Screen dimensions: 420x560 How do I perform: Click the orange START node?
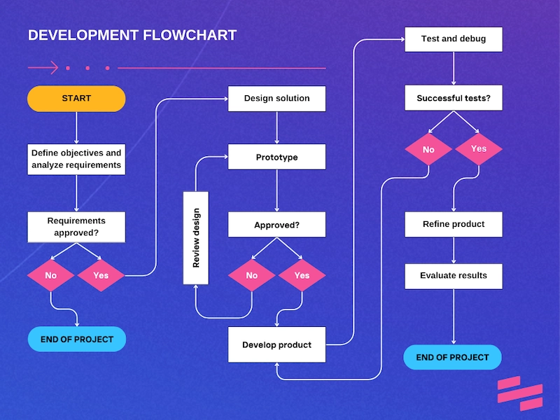point(76,99)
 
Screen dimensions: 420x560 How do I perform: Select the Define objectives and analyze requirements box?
point(76,160)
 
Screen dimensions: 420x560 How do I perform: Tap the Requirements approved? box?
point(76,227)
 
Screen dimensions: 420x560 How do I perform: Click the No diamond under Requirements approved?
point(51,275)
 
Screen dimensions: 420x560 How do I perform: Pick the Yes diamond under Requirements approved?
point(101,275)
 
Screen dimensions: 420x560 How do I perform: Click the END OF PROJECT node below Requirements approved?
point(77,339)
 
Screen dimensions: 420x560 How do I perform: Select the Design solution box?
point(276,99)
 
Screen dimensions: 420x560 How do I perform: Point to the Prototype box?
point(276,157)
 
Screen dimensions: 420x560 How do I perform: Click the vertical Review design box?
point(196,238)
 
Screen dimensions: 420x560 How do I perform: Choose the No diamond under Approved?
point(252,275)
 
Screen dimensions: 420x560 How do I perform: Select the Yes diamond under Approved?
point(302,275)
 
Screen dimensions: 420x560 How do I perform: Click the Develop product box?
point(276,344)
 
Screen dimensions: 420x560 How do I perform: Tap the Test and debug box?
point(454,38)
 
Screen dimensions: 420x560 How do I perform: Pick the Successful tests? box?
point(454,98)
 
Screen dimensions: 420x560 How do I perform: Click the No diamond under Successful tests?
point(428,149)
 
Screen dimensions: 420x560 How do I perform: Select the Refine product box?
point(454,224)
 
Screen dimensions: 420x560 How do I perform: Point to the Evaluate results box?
point(454,275)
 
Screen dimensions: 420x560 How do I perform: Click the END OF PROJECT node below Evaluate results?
point(453,357)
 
